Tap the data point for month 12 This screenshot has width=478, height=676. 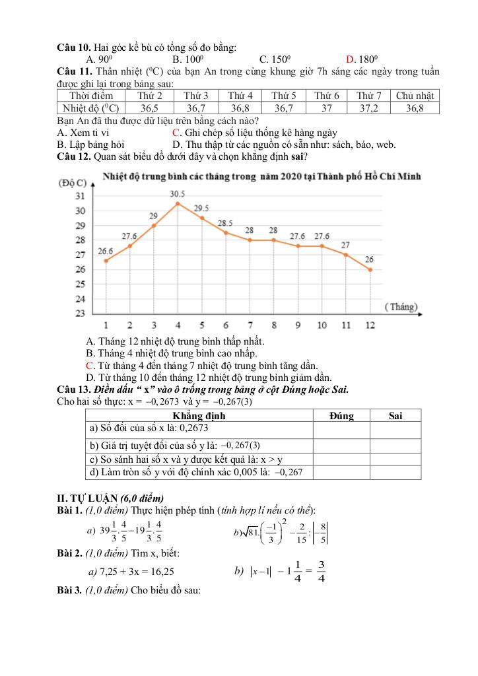click(x=370, y=269)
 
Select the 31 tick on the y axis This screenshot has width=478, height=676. click(x=80, y=196)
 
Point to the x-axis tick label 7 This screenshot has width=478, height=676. click(x=250, y=325)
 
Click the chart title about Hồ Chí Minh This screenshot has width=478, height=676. click(x=262, y=176)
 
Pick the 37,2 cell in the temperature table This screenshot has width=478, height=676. click(x=369, y=108)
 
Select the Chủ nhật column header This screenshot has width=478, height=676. click(x=414, y=96)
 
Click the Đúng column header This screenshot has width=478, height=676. click(x=341, y=416)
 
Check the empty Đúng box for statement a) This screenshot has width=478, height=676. click(x=341, y=429)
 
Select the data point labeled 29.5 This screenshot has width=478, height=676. click(x=202, y=218)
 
